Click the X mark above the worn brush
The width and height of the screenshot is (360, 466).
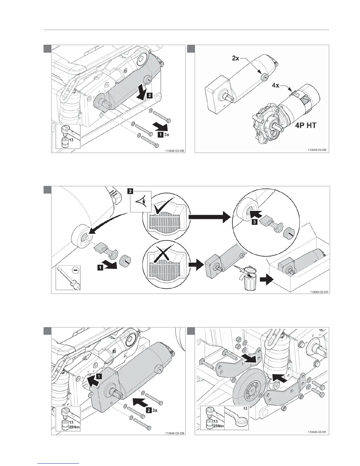[x=164, y=252]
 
